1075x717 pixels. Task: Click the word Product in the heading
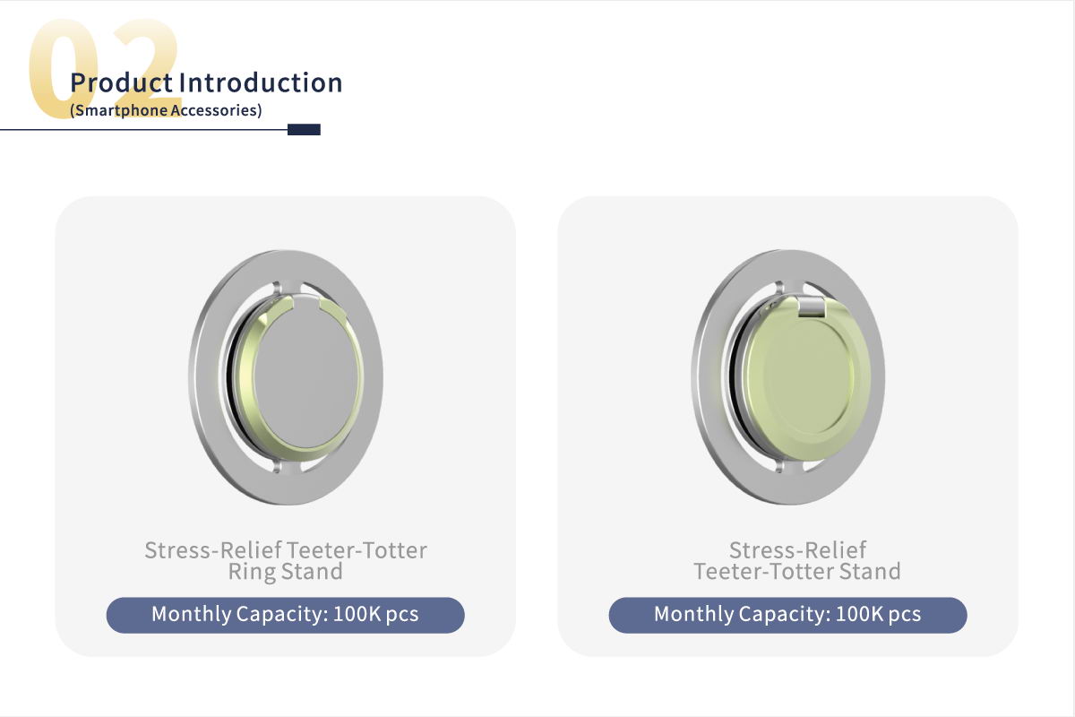click(x=121, y=83)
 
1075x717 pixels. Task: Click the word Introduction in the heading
click(x=261, y=82)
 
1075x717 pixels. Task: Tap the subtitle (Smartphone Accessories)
click(x=166, y=110)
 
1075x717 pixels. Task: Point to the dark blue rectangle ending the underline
click(x=304, y=130)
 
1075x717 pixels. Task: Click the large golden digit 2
click(x=144, y=63)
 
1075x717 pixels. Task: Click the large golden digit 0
click(x=63, y=68)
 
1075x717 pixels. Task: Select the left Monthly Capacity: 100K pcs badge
click(x=286, y=615)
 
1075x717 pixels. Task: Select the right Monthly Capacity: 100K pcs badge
click(x=787, y=615)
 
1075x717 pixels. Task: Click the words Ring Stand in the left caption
click(x=286, y=572)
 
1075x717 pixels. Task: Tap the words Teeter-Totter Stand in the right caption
click(x=797, y=572)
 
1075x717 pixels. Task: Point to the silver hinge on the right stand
click(x=812, y=307)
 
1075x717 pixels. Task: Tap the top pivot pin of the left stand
click(x=277, y=288)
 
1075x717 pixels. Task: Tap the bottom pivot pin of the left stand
click(x=277, y=466)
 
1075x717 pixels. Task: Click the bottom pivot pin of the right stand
click(x=778, y=466)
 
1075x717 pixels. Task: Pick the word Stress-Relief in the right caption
click(x=797, y=550)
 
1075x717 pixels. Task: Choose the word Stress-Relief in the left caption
click(x=213, y=550)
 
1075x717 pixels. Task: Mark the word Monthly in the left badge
click(x=192, y=615)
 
